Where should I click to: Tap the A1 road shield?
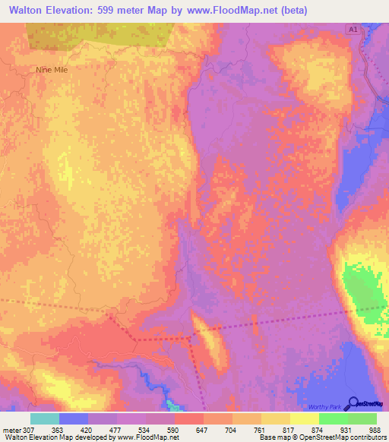(352, 29)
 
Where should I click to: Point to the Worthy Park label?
(327, 407)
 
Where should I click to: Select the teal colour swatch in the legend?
(44, 418)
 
